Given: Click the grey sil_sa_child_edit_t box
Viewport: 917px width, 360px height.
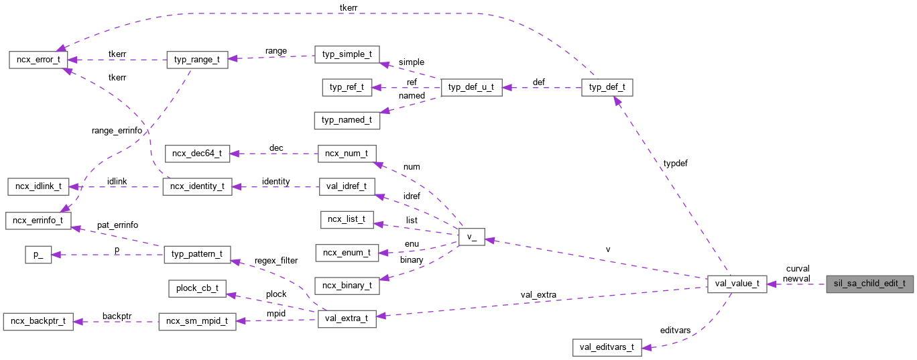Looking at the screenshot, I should [869, 284].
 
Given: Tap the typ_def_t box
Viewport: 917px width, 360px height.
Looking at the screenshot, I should [607, 87].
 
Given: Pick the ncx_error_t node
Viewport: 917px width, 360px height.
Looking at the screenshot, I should [38, 60].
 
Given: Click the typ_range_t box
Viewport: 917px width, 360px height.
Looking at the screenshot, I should [196, 60].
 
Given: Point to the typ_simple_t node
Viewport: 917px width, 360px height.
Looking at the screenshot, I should [347, 54].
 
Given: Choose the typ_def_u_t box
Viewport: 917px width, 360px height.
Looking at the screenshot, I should [472, 87].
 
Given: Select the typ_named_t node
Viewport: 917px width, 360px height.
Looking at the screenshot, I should [347, 120].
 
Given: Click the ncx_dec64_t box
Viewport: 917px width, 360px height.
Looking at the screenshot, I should [197, 153].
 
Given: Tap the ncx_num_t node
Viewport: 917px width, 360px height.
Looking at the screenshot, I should [347, 153].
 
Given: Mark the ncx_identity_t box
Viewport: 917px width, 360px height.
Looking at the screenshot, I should [197, 186].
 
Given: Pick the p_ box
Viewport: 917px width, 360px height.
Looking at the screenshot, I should [38, 255].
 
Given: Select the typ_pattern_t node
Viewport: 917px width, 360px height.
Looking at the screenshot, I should [197, 255].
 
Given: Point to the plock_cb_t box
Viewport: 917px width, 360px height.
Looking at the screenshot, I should [197, 288].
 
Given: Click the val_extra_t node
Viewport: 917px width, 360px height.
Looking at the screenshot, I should [347, 318].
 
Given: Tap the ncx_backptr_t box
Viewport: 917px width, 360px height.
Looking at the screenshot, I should [38, 321].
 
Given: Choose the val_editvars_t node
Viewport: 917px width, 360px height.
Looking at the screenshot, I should [607, 347].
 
